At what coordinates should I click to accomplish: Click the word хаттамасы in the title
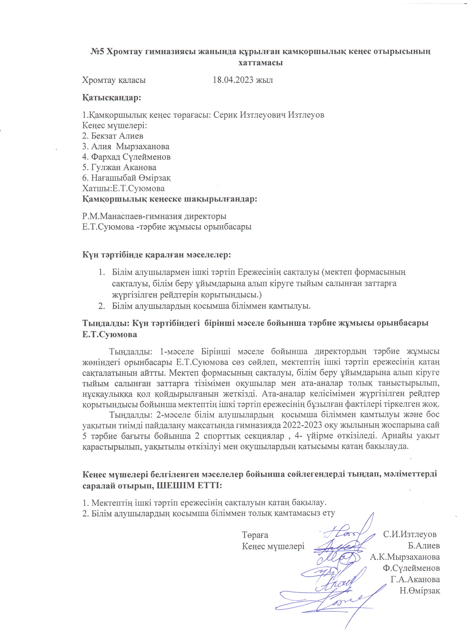pyautogui.click(x=261, y=63)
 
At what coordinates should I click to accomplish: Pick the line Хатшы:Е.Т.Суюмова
pyautogui.click(x=123, y=188)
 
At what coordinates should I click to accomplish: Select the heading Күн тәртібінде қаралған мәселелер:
pyautogui.click(x=157, y=255)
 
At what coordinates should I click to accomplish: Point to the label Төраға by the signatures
pyautogui.click(x=255, y=535)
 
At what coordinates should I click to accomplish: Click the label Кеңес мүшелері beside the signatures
pyautogui.click(x=273, y=546)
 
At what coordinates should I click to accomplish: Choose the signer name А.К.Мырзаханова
pyautogui.click(x=405, y=557)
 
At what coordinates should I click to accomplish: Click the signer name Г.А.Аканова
pyautogui.click(x=415, y=579)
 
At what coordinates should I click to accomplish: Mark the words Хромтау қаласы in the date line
pyautogui.click(x=114, y=80)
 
